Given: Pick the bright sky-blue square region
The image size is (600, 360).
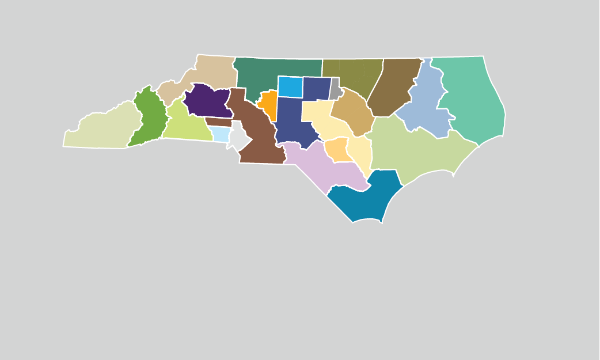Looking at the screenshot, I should coord(290,86).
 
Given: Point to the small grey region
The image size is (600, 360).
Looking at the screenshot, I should coord(335,89).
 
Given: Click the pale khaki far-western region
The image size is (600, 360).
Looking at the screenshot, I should coord(104,130).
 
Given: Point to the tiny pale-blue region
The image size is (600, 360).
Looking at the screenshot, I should coord(221,134).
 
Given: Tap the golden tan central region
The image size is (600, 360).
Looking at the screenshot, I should coord(351,112).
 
